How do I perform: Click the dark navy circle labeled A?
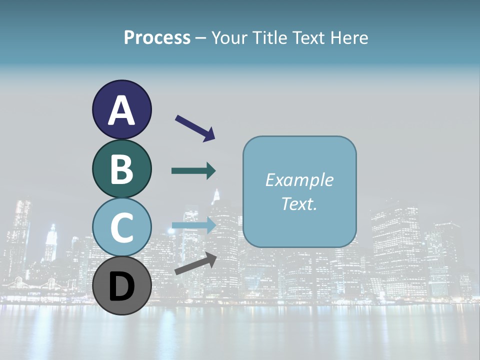122,109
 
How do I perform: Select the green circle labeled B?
122,168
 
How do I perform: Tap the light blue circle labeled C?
122,227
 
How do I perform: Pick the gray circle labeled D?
122,285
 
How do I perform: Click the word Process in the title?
157,37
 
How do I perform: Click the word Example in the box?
299,180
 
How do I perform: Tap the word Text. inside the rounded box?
299,203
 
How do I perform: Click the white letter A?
122,110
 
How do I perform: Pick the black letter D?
122,286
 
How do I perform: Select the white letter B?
122,169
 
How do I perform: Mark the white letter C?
122,227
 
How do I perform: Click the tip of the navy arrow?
213,138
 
